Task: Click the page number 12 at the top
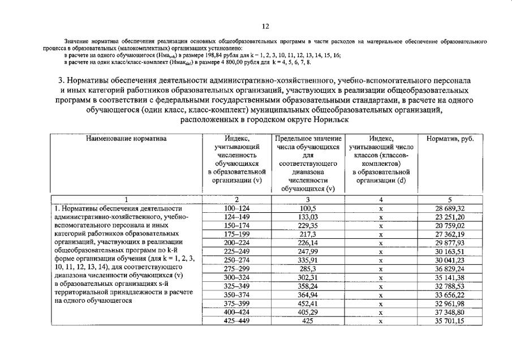265,27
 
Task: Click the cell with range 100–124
236,208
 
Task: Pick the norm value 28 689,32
450,208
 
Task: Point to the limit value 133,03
308,217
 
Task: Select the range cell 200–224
236,243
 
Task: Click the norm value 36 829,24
450,269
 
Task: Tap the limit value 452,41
308,303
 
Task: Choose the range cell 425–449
236,321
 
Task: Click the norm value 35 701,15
450,321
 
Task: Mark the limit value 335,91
308,260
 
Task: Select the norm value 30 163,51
450,252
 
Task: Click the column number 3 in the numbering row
308,200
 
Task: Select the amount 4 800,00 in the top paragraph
259,62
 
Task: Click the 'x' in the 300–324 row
381,277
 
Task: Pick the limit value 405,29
308,312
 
